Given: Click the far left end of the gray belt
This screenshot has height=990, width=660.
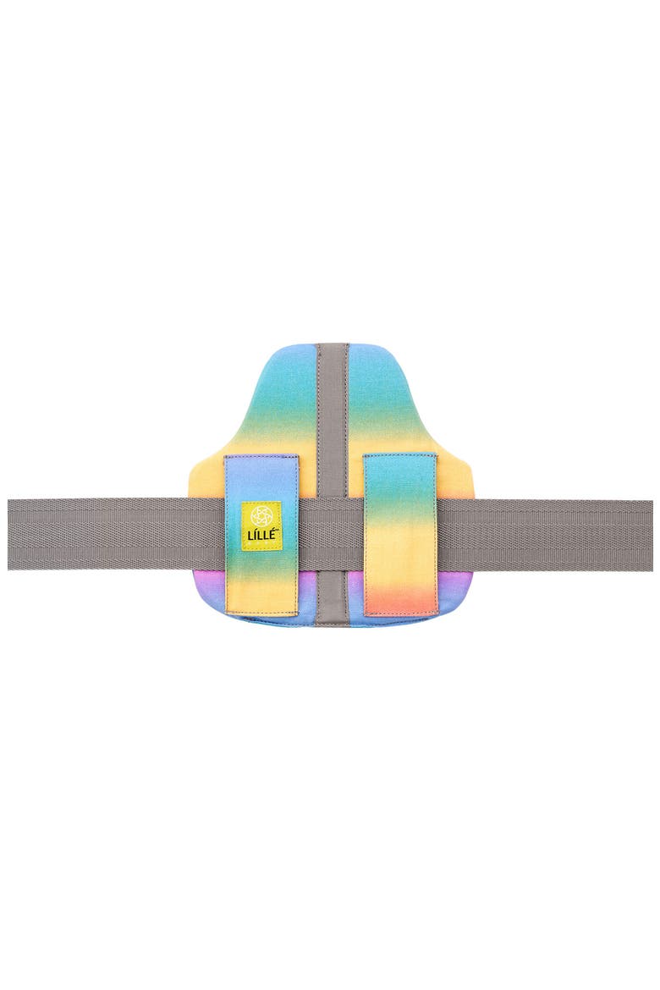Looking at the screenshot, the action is pos(9,534).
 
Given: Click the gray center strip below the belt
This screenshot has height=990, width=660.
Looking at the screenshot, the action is pos(333,596).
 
